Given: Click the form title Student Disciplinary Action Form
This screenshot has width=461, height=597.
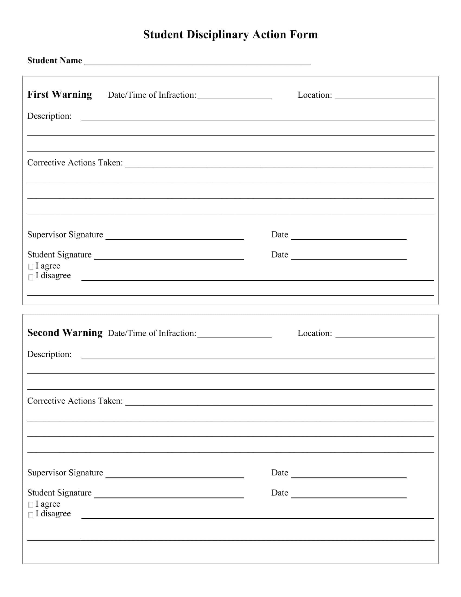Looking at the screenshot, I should [230, 35].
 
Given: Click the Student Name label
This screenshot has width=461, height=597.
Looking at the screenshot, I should [54, 61].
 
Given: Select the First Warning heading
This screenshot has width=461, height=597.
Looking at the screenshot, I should [60, 95].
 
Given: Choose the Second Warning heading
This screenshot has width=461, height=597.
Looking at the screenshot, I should [65, 333].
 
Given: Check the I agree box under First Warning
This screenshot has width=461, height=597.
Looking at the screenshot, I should [31, 266].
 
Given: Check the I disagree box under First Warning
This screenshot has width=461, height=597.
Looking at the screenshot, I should [31, 277].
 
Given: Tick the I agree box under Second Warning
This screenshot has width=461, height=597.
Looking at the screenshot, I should [31, 505].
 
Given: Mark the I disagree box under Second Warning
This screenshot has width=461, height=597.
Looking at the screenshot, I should [31, 515].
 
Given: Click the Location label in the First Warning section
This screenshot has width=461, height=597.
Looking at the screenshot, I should [315, 95].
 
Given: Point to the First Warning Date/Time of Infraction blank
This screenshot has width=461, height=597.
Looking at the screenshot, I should [234, 96].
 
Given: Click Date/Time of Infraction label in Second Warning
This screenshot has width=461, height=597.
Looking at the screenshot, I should [152, 333].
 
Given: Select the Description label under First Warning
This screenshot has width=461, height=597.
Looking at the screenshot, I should [49, 116].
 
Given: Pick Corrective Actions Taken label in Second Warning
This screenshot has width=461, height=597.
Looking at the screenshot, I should [75, 401].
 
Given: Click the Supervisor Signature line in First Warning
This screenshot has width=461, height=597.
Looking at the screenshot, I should [175, 237].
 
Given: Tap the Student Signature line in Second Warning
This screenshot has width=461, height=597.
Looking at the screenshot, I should [169, 495].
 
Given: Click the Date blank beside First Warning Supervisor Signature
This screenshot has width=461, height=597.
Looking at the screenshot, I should [348, 237].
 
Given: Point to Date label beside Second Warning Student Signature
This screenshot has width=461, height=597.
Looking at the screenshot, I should [280, 493].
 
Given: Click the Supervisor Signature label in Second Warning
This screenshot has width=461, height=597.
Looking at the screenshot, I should [65, 473].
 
